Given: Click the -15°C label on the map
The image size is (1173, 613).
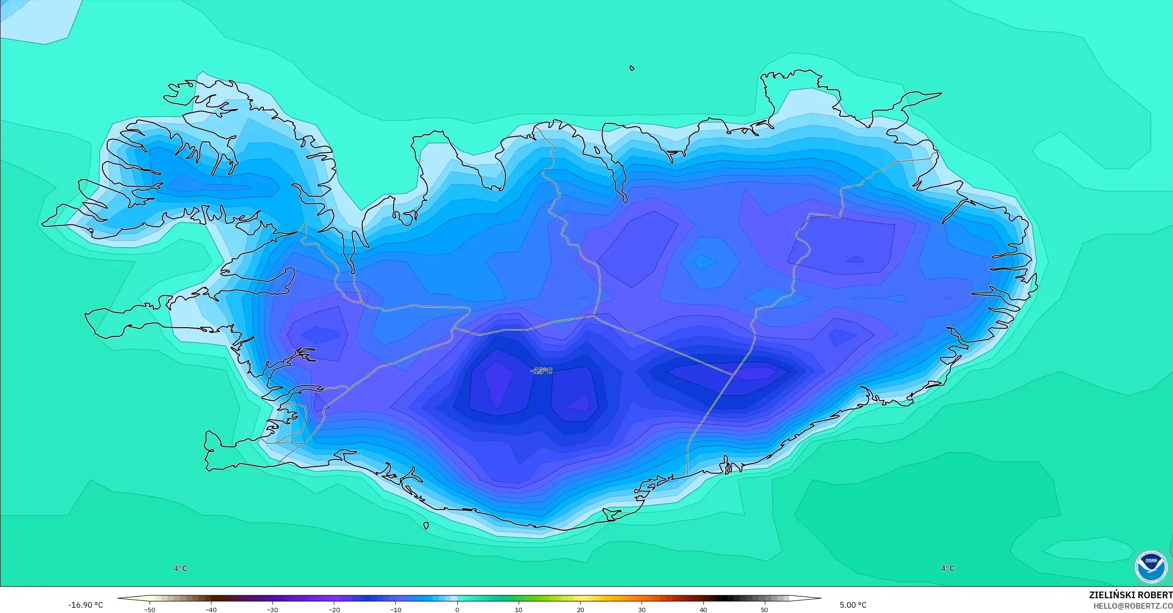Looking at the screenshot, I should pyautogui.click(x=541, y=371).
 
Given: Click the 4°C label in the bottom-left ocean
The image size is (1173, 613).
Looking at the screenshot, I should pyautogui.click(x=180, y=568).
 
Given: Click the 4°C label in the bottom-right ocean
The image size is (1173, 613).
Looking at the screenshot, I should pyautogui.click(x=947, y=568).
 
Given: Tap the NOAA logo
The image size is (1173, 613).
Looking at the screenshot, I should pyautogui.click(x=1151, y=567).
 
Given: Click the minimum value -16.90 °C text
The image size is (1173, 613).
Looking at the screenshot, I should pyautogui.click(x=85, y=605).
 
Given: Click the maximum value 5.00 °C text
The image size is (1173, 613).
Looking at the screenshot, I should pyautogui.click(x=853, y=605).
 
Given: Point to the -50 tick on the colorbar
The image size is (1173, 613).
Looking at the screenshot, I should pyautogui.click(x=150, y=610).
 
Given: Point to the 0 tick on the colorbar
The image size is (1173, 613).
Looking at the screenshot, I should pyautogui.click(x=457, y=610).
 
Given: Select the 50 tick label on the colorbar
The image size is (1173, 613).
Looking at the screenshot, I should pyautogui.click(x=764, y=610).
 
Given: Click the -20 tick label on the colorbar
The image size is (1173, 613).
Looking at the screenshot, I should pyautogui.click(x=334, y=610).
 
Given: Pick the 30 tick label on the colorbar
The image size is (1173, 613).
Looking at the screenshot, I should pyautogui.click(x=642, y=610).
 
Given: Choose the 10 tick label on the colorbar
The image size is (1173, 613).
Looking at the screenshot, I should pyautogui.click(x=519, y=610).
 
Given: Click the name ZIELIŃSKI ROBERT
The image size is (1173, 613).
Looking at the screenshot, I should pyautogui.click(x=1130, y=595).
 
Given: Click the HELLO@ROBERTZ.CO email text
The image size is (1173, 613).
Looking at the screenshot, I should pyautogui.click(x=1133, y=606).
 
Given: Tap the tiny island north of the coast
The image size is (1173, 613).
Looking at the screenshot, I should pyautogui.click(x=632, y=68).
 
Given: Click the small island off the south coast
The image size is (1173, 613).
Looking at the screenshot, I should pyautogui.click(x=426, y=526).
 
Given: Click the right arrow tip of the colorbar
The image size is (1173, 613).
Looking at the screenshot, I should pyautogui.click(x=820, y=598).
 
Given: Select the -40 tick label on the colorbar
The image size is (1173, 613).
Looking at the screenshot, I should pyautogui.click(x=211, y=610).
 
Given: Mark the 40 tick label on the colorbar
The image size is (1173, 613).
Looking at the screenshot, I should pyautogui.click(x=703, y=610).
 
